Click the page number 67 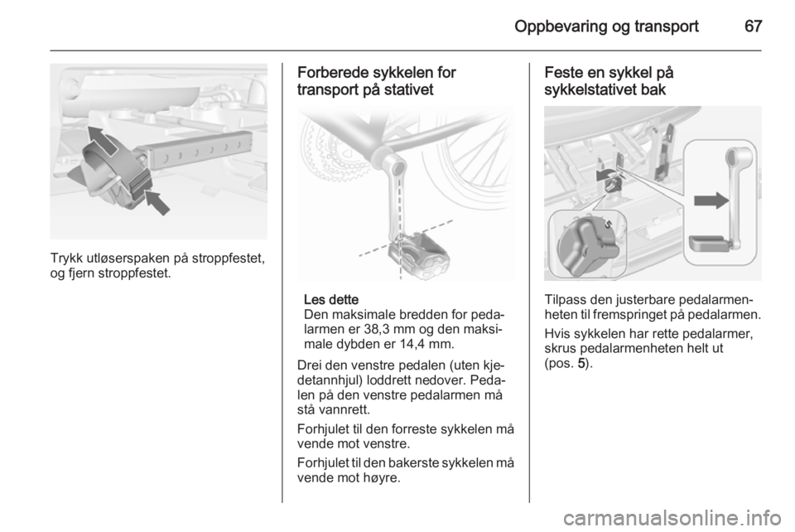(753, 26)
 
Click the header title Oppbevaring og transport (606, 27)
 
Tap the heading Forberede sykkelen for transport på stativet (377, 81)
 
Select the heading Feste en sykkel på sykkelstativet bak (609, 81)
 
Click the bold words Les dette (331, 299)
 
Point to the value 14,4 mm (428, 344)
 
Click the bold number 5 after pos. (581, 364)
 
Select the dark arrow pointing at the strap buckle (157, 201)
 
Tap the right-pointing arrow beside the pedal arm (711, 201)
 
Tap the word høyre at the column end (382, 478)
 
